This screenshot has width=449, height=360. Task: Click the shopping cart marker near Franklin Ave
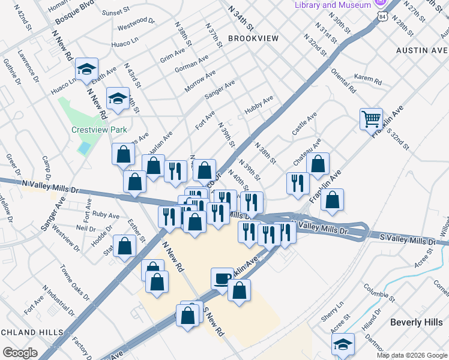tap(372, 119)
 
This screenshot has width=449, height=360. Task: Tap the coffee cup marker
tap(222, 278)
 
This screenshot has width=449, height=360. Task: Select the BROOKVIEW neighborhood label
tap(253, 38)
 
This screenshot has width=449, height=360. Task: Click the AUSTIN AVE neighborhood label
tap(422, 50)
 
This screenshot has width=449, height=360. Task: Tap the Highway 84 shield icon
tap(381, 17)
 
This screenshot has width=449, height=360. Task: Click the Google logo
tap(19, 352)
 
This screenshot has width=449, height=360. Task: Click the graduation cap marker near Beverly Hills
tap(343, 344)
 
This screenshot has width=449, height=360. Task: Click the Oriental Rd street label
tap(343, 80)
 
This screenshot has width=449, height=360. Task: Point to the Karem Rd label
tap(367, 79)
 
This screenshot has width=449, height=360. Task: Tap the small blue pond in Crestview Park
tap(84, 148)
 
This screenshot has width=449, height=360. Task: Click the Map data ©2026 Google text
tap(411, 355)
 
